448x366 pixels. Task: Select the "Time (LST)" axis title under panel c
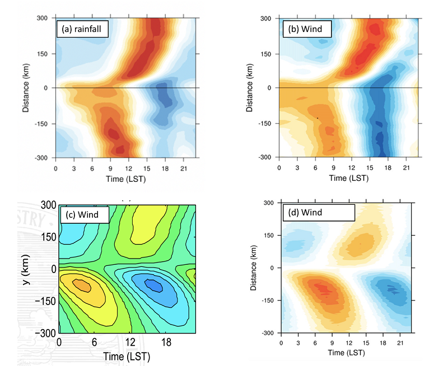pyautogui.click(x=127, y=356)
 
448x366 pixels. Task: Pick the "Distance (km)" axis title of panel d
pyautogui.click(x=255, y=268)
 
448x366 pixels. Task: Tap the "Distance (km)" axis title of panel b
pyautogui.click(x=248, y=88)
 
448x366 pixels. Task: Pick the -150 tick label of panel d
pyautogui.click(x=267, y=301)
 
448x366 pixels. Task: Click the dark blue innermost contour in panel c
pyautogui.click(x=152, y=285)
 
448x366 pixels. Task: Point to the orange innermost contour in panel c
pyautogui.click(x=82, y=285)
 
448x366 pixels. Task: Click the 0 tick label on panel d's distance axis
pyautogui.click(x=272, y=268)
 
